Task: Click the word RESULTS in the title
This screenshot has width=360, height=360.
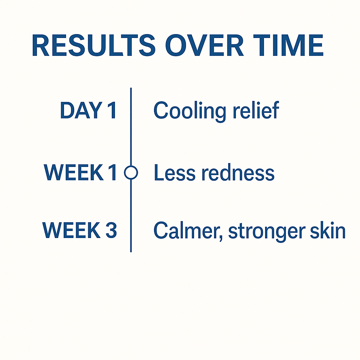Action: click(94, 45)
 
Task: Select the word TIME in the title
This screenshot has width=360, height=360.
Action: click(288, 45)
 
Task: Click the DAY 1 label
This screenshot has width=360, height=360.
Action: click(88, 110)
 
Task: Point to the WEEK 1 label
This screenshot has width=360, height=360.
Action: click(80, 172)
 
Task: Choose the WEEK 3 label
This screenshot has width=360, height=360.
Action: click(80, 230)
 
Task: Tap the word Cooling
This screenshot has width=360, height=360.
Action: click(189, 111)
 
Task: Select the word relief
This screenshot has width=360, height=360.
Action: click(256, 110)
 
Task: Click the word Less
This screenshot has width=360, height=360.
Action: click(175, 172)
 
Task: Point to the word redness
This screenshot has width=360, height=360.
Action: click(238, 172)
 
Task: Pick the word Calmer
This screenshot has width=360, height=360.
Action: click(186, 230)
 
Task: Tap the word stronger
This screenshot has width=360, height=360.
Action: click(267, 232)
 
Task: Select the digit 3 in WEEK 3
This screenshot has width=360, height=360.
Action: click(111, 230)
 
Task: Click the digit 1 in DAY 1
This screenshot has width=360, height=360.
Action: click(112, 110)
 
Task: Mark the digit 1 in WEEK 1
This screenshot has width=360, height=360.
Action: click(112, 172)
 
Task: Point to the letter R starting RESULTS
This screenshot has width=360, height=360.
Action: click(41, 45)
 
